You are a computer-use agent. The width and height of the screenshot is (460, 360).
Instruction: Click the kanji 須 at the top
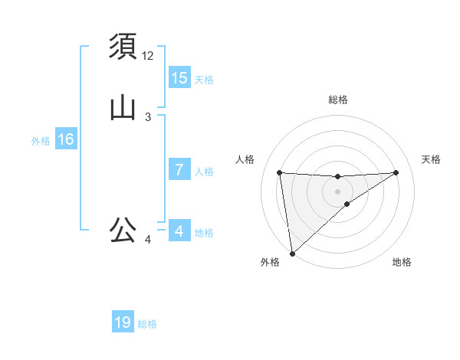pyautogui.click(x=123, y=47)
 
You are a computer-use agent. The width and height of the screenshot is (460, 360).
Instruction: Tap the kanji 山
pyautogui.click(x=123, y=108)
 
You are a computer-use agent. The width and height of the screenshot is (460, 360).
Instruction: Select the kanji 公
pyautogui.click(x=123, y=230)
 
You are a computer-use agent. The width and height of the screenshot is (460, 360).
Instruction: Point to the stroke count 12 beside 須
pyautogui.click(x=148, y=56)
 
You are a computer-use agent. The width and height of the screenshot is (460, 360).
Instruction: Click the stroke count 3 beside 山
pyautogui.click(x=148, y=117)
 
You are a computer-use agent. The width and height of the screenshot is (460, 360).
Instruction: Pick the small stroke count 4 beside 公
pyautogui.click(x=148, y=240)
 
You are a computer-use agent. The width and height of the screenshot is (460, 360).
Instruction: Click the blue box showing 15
pyautogui.click(x=179, y=77)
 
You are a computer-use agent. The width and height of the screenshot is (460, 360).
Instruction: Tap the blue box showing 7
pyautogui.click(x=179, y=170)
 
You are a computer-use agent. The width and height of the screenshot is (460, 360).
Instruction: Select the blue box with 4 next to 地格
pyautogui.click(x=179, y=231)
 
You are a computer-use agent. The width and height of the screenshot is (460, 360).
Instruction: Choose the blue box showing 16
pyautogui.click(x=65, y=139)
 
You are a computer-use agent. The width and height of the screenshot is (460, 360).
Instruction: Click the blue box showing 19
pyautogui.click(x=123, y=322)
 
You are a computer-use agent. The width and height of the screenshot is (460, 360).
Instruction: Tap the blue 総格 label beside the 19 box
pyautogui.click(x=147, y=324)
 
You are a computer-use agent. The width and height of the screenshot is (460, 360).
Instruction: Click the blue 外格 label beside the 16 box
pyautogui.click(x=41, y=141)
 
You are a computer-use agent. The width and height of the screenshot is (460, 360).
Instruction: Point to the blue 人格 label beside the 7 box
pyautogui.click(x=204, y=172)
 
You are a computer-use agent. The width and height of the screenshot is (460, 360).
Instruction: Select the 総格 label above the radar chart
pyautogui.click(x=338, y=100)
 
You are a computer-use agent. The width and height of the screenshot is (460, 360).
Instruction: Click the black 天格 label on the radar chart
pyautogui.click(x=432, y=159)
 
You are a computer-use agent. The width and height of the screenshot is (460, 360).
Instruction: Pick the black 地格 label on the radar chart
pyautogui.click(x=402, y=262)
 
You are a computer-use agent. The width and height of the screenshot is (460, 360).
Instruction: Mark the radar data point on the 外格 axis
pyautogui.click(x=291, y=254)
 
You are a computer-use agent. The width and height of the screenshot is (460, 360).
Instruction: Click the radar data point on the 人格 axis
pyautogui.click(x=280, y=172)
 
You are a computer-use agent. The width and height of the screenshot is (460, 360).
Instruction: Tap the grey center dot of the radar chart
pyautogui.click(x=338, y=191)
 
